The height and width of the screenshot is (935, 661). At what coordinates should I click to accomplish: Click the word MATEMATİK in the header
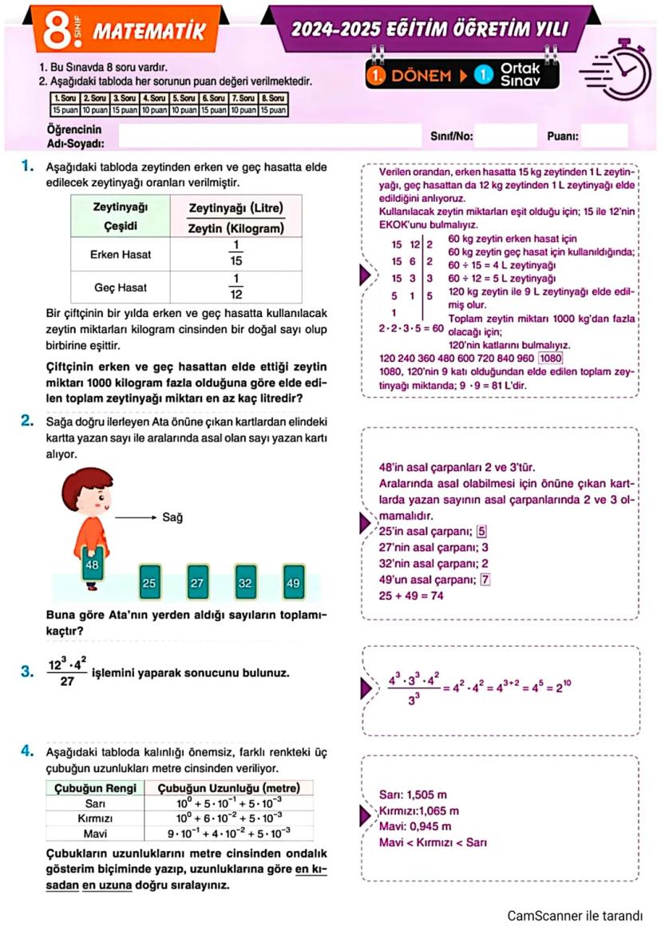pos(149,31)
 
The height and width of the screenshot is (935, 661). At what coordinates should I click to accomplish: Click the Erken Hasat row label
pos(122,255)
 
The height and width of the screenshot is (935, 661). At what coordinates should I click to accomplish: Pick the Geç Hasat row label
pos(122,287)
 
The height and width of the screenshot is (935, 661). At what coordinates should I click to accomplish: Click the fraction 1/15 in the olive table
pos(236,255)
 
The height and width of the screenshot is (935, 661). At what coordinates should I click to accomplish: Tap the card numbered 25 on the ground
pos(148,583)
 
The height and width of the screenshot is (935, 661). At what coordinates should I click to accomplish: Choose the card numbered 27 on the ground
pos(197,583)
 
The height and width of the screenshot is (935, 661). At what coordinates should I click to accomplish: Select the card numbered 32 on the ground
pos(245,583)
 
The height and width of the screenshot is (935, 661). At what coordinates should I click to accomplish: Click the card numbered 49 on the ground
pos(293,583)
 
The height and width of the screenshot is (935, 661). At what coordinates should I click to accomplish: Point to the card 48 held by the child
pos(93,565)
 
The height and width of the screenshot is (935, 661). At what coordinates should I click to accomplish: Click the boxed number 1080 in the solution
pos(551,358)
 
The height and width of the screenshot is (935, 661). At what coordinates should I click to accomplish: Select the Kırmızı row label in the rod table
pos(93,818)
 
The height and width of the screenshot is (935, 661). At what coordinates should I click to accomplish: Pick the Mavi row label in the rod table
pos(93,834)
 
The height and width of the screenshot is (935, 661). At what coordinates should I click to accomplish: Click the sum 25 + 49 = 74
pos(412,596)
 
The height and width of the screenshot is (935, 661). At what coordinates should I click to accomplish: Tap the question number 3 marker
pos(27,672)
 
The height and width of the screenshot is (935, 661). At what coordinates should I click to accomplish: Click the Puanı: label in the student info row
pos(563,137)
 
